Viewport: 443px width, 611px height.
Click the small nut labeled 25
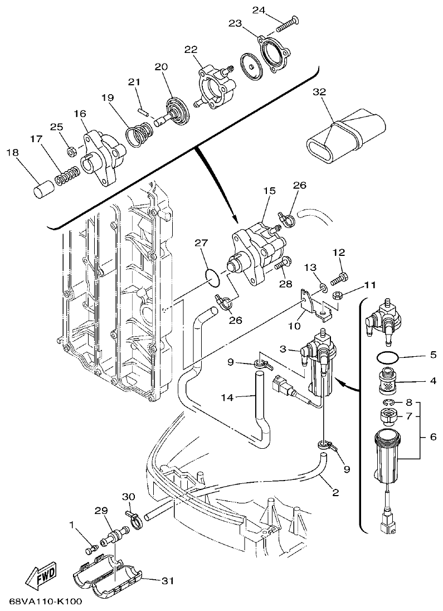coord(71,151)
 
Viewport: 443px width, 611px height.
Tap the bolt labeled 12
coord(341,275)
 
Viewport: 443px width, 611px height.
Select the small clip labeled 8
coord(388,402)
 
